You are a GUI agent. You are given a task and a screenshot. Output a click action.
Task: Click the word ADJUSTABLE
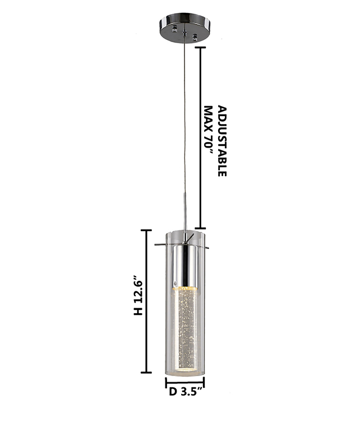(x=222, y=141)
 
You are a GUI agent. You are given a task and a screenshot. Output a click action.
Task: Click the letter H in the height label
(x=139, y=311)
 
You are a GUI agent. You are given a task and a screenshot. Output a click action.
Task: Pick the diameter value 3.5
(x=190, y=392)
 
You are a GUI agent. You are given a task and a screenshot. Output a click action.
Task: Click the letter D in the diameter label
(x=173, y=392)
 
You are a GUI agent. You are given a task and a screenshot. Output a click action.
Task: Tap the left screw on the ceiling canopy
(x=175, y=28)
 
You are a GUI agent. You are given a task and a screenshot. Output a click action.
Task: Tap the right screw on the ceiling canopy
(x=195, y=37)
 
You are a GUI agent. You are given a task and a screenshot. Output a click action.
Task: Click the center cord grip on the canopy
(x=184, y=34)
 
